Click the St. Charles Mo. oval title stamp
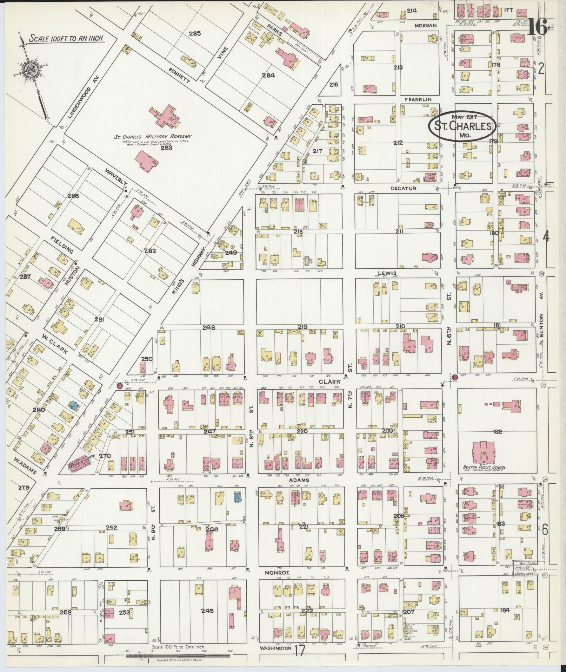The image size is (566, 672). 462,126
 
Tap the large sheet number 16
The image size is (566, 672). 537,27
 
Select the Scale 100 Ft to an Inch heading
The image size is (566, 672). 66,38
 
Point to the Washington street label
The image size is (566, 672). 275,648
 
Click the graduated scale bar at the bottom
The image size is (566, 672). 179,655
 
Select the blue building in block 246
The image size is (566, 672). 237,497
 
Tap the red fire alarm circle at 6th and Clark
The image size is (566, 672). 455,377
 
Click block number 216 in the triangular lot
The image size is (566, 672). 334,85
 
